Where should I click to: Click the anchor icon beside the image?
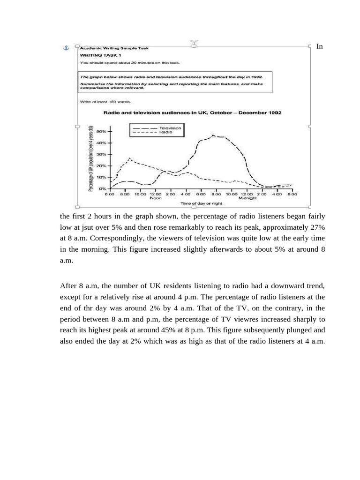(66, 48)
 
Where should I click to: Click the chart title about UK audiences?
(192, 113)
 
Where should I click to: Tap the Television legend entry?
(170, 128)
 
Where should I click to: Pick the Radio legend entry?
(165, 133)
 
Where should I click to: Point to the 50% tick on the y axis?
(101, 132)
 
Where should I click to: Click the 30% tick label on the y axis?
(101, 154)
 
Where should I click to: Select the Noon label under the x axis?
(156, 198)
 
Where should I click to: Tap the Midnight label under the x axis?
(247, 198)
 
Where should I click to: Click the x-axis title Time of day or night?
(202, 203)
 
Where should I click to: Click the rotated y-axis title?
(91, 158)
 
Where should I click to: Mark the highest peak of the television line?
(213, 135)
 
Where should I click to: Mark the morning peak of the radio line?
(129, 158)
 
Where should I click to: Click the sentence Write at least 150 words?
(106, 101)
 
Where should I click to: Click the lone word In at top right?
(319, 46)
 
